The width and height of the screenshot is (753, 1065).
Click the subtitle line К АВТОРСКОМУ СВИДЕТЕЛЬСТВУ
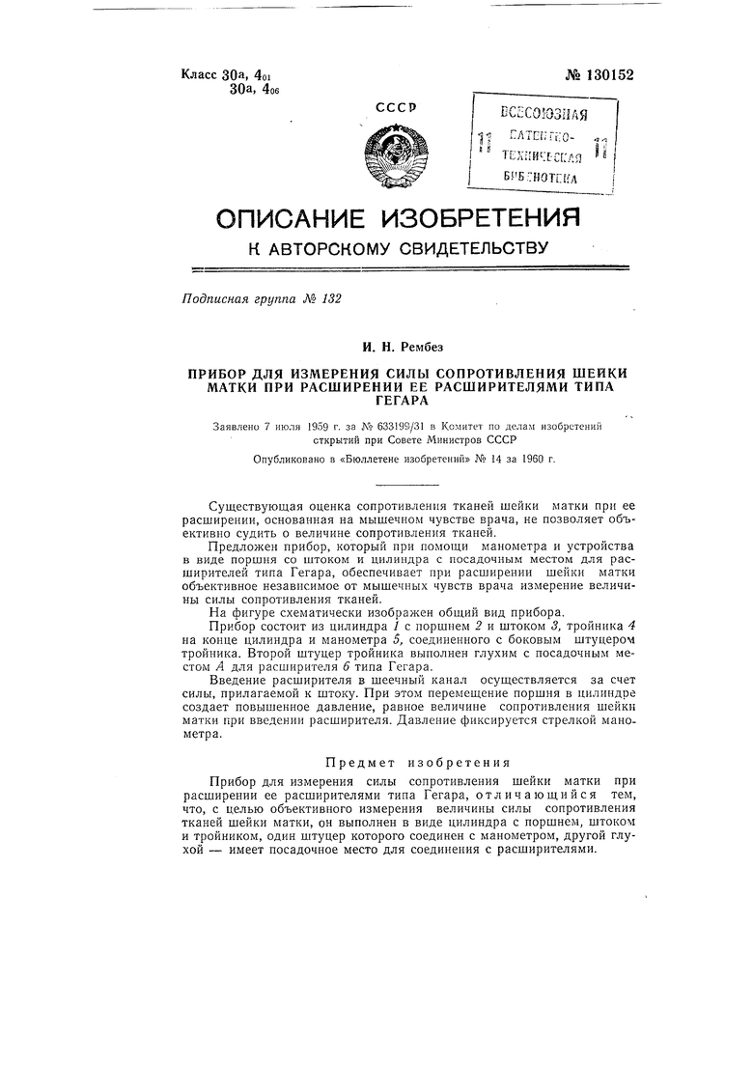[398, 248]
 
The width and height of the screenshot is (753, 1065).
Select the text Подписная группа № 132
[262, 299]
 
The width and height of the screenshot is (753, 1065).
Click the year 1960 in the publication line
[523, 461]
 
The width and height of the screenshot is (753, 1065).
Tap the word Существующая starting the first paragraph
[254, 508]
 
